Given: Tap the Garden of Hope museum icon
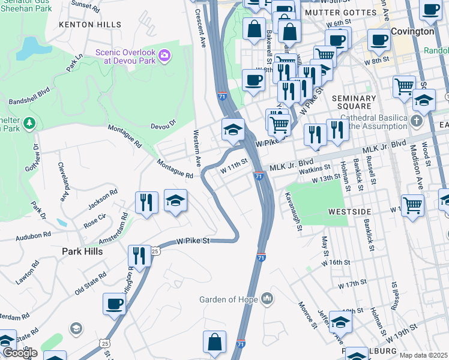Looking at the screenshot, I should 267,299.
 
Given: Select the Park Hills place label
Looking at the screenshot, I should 82,251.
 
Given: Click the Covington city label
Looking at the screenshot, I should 412,31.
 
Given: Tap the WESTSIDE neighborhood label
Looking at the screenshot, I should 351,212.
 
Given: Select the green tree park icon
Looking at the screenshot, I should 29,124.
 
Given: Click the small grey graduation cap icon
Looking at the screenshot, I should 76,328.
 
